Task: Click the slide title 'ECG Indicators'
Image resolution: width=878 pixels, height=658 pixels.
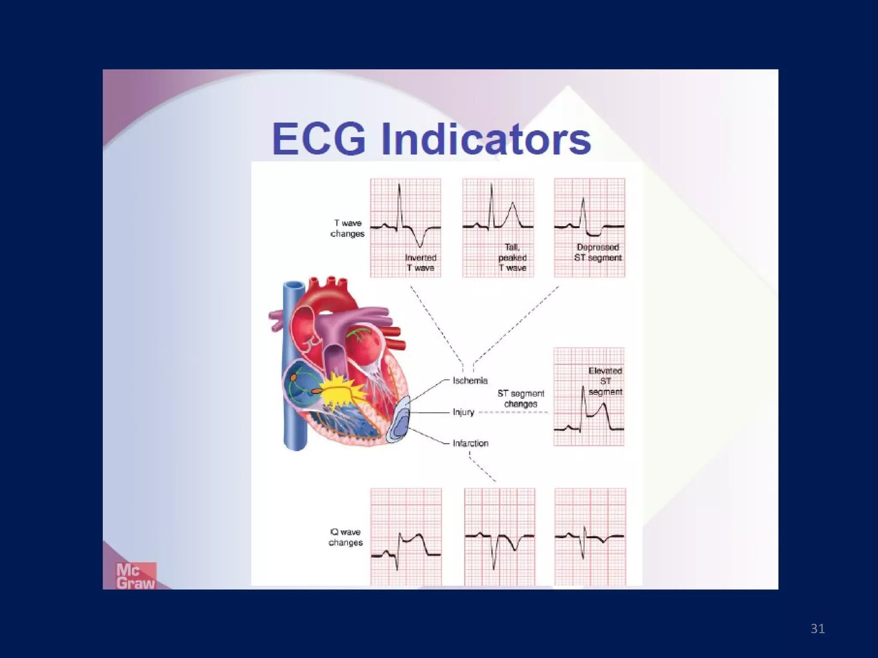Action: (431, 139)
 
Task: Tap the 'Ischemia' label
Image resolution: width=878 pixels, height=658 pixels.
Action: (470, 380)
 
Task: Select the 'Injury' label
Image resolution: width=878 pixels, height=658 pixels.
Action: (463, 412)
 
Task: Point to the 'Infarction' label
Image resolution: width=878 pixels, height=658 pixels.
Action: (470, 443)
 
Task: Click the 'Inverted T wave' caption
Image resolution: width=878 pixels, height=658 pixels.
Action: (420, 263)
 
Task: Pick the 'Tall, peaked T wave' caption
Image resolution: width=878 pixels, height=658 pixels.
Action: (512, 257)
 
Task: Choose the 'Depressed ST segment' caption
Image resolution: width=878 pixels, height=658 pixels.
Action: (598, 252)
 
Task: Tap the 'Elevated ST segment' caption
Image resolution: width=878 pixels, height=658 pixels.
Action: (605, 381)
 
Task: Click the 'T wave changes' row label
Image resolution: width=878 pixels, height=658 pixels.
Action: (348, 228)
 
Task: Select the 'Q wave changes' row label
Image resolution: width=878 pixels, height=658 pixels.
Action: (346, 537)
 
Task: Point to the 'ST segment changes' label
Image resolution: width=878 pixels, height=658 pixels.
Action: (520, 398)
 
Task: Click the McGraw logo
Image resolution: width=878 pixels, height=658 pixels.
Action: (135, 576)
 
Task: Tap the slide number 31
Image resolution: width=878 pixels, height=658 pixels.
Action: (818, 628)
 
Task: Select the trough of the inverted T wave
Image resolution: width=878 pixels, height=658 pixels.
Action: (420, 246)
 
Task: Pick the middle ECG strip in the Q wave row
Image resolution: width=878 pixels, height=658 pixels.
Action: (499, 537)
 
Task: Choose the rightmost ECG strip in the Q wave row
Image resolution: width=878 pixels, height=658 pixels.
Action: (590, 537)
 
